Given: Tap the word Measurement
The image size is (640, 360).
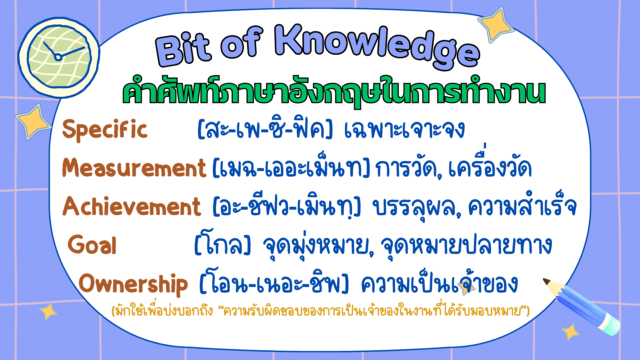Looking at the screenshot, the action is (x=134, y=167).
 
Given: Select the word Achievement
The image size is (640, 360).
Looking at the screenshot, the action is (x=132, y=206).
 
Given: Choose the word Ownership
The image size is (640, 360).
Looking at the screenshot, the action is (x=133, y=284).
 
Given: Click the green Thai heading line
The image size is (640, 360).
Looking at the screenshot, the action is (x=334, y=91).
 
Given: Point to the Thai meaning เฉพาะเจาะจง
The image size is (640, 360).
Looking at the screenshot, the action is (x=404, y=129).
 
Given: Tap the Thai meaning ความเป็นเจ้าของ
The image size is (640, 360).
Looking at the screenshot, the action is (x=439, y=284).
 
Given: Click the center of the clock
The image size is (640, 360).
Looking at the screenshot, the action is (x=58, y=57).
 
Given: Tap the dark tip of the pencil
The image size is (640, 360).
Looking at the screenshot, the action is (x=547, y=282).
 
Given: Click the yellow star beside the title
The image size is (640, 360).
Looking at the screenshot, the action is (x=496, y=24).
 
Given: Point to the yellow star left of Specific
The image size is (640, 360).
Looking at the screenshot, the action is (x=33, y=122).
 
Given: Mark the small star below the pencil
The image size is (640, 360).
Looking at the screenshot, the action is (x=571, y=332).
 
